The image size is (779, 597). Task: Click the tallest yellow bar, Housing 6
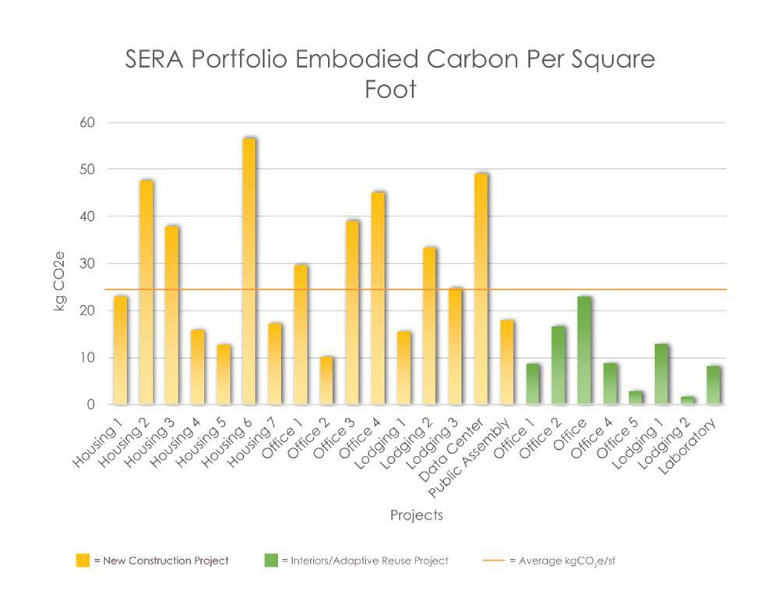pyautogui.click(x=249, y=272)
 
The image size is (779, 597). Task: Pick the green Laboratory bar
pyautogui.click(x=714, y=386)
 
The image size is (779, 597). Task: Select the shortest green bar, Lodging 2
pyautogui.click(x=688, y=401)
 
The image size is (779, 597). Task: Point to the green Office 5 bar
pyautogui.click(x=636, y=398)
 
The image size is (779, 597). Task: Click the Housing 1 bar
pyautogui.click(x=121, y=350)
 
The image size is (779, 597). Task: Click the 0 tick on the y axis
pyautogui.click(x=90, y=405)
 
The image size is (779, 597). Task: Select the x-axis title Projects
pyautogui.click(x=416, y=515)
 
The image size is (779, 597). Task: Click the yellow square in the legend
pyautogui.click(x=83, y=560)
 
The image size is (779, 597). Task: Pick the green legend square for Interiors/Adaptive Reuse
pyautogui.click(x=271, y=560)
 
